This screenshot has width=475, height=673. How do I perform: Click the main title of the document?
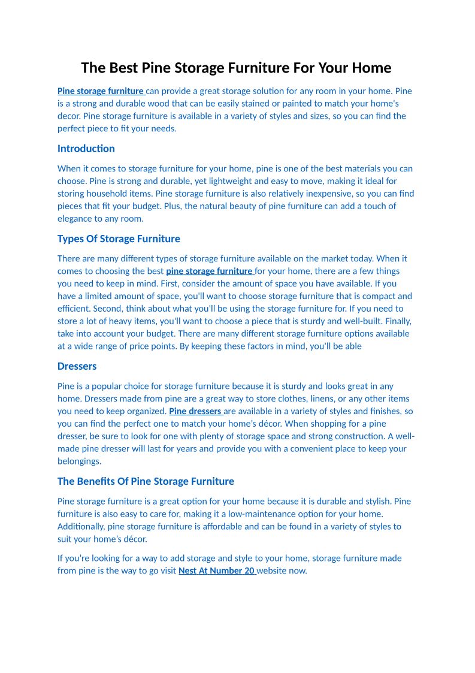tap(236, 68)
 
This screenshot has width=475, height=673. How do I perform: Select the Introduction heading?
tap(86, 149)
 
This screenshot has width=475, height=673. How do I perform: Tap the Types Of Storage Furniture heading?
tap(119, 239)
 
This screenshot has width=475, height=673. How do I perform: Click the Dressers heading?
tap(77, 366)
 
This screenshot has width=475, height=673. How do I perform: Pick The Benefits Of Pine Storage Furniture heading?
tap(146, 481)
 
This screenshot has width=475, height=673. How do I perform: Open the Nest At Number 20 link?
tap(216, 571)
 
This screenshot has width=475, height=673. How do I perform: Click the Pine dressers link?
tap(195, 411)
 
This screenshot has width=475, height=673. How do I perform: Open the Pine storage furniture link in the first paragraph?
tap(100, 91)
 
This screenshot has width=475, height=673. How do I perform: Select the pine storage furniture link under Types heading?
tap(208, 271)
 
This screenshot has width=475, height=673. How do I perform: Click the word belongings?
tap(79, 461)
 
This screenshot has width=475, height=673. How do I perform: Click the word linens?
tap(315, 399)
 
